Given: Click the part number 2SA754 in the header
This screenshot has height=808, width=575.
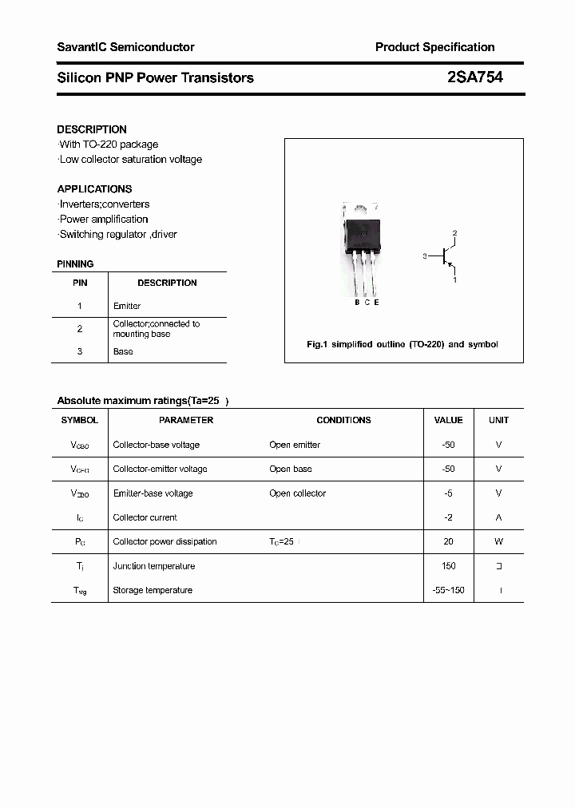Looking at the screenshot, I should pyautogui.click(x=474, y=77).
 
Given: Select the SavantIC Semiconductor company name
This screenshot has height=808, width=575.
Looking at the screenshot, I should pyautogui.click(x=125, y=47).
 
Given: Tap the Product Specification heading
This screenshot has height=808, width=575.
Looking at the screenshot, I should pyautogui.click(x=434, y=47).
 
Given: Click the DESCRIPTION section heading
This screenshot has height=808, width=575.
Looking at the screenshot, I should pyautogui.click(x=92, y=129).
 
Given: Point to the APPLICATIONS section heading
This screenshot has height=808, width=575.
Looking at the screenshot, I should pyautogui.click(x=94, y=189).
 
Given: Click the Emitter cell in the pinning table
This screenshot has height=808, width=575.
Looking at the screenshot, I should pyautogui.click(x=127, y=306).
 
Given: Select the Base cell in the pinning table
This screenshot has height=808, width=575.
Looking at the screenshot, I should pyautogui.click(x=123, y=351).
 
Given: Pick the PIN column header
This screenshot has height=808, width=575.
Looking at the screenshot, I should pyautogui.click(x=80, y=283).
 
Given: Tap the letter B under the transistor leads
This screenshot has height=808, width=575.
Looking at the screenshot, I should pyautogui.click(x=357, y=302).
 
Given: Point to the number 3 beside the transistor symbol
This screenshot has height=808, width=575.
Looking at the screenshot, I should pyautogui.click(x=425, y=256).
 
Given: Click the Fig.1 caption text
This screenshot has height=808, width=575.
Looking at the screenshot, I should pyautogui.click(x=402, y=344).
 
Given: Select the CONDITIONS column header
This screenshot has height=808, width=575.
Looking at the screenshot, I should pyautogui.click(x=343, y=420).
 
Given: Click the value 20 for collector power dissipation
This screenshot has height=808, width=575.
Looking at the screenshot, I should pyautogui.click(x=448, y=541).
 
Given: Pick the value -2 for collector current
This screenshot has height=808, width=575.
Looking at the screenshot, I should pyautogui.click(x=448, y=517).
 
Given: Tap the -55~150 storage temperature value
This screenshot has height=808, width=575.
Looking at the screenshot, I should pyautogui.click(x=448, y=590).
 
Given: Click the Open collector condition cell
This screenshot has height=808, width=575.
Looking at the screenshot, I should pyautogui.click(x=297, y=493).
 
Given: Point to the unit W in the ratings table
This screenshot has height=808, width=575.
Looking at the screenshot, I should pyautogui.click(x=498, y=541).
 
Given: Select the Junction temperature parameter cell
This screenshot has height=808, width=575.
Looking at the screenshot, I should pyautogui.click(x=153, y=566).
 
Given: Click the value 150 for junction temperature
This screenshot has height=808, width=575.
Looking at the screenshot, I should pyautogui.click(x=448, y=566).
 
